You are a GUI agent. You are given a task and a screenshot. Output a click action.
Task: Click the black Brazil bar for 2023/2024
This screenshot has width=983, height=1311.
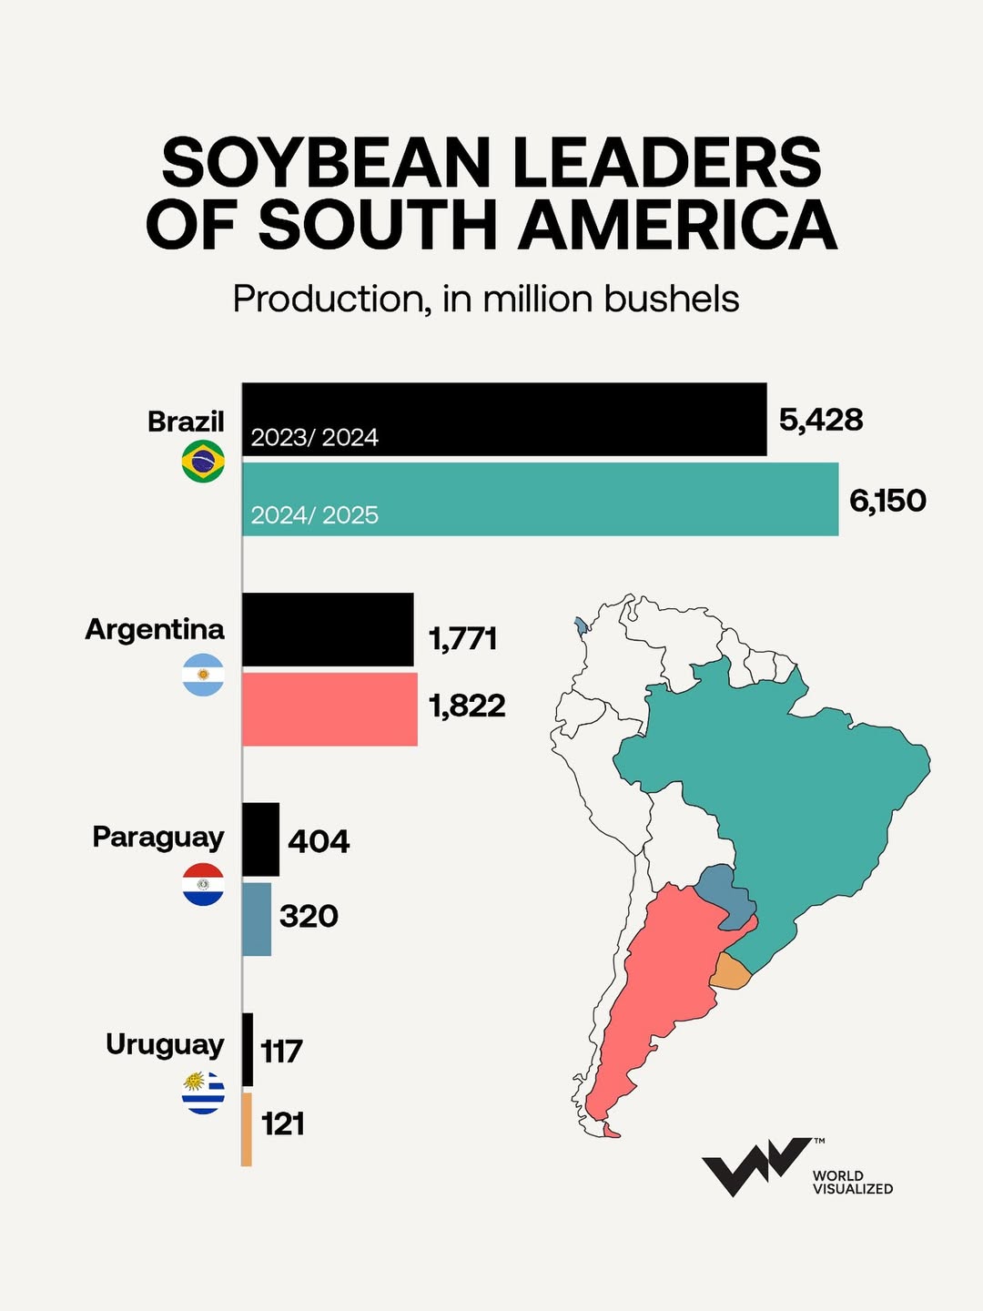504,419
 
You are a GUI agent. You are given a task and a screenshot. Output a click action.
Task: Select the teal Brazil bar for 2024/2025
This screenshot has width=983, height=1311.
540,499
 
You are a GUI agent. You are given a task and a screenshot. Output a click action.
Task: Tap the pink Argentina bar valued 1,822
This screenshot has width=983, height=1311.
329,709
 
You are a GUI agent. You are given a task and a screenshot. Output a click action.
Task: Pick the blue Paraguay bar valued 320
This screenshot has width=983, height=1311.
257,919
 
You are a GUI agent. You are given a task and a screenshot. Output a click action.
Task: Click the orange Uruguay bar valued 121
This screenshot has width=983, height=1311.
247,1129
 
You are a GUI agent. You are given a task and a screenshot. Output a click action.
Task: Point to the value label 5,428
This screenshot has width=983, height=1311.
821,420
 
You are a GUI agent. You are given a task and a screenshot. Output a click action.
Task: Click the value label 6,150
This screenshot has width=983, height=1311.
887,501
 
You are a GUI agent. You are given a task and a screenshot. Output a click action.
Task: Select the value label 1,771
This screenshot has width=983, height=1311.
463,638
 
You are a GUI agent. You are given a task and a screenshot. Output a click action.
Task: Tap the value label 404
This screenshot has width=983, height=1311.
319,840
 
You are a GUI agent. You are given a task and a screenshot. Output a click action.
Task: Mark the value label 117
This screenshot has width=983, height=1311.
281,1052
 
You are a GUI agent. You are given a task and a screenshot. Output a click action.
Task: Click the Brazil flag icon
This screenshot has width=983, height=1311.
203,461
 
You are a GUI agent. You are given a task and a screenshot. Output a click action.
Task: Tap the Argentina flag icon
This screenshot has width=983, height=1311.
203,675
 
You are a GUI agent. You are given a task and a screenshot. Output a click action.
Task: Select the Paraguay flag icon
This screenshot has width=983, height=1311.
203,884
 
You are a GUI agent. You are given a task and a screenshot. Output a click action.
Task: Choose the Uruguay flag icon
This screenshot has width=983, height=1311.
203,1092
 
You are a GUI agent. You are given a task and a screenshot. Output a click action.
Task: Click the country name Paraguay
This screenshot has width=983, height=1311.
158,838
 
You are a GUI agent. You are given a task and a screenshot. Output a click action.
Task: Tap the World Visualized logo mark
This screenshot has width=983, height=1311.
755,1164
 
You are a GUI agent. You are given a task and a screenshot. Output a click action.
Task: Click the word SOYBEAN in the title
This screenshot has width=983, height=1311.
325,164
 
